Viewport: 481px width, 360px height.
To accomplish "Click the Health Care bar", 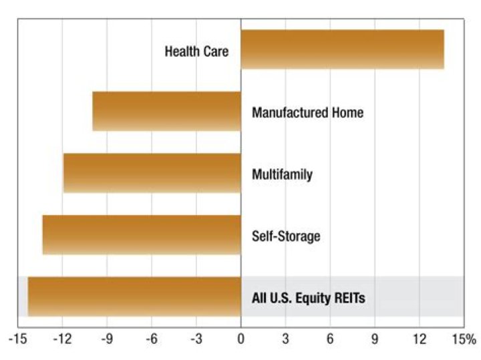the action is [342, 49].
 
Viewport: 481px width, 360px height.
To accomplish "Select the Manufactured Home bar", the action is [167, 111].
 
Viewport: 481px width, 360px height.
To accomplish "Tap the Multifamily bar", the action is [152, 173].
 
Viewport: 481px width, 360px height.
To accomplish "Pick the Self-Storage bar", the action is [142, 235].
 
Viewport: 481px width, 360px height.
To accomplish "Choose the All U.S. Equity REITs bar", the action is [134, 297].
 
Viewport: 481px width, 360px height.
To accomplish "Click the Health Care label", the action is [196, 51].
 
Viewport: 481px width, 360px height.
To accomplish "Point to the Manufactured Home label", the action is [308, 112].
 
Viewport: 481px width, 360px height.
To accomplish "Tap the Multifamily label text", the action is [282, 175].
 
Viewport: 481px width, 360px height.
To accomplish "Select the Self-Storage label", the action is [286, 236].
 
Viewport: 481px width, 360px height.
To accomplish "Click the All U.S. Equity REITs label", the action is [309, 298].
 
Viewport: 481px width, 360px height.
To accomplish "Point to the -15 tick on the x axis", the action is [18, 339].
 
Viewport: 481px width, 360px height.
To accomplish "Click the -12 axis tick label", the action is [63, 339].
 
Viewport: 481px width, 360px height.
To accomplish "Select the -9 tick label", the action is [107, 339].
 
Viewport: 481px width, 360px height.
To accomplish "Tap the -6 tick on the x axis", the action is [152, 339].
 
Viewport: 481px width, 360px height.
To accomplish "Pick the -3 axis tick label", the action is [196, 339].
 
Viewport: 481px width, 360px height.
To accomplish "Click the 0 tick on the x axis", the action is [241, 339].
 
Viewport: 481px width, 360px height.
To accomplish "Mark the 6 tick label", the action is [330, 339].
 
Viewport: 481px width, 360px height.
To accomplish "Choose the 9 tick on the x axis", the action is [375, 339].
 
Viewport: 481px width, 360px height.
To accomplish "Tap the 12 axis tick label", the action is [420, 339].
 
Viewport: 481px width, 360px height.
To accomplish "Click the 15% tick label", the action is [464, 339].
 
